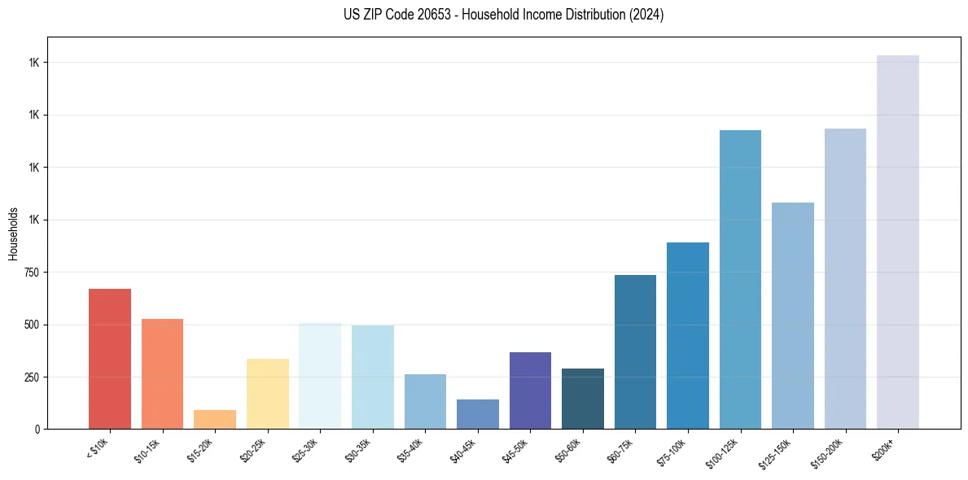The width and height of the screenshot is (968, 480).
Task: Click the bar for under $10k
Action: [x=110, y=359]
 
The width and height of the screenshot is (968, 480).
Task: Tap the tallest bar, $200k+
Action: [x=898, y=242]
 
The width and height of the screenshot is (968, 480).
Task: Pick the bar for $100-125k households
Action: [x=740, y=279]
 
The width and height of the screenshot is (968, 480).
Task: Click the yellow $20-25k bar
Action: [x=268, y=394]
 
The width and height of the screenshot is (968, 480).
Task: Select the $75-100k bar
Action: [x=688, y=335]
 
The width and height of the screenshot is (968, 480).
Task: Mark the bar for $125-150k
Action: [x=793, y=316]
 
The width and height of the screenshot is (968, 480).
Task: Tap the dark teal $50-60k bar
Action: [x=583, y=399]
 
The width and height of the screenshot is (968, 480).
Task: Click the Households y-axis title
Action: [x=13, y=233]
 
